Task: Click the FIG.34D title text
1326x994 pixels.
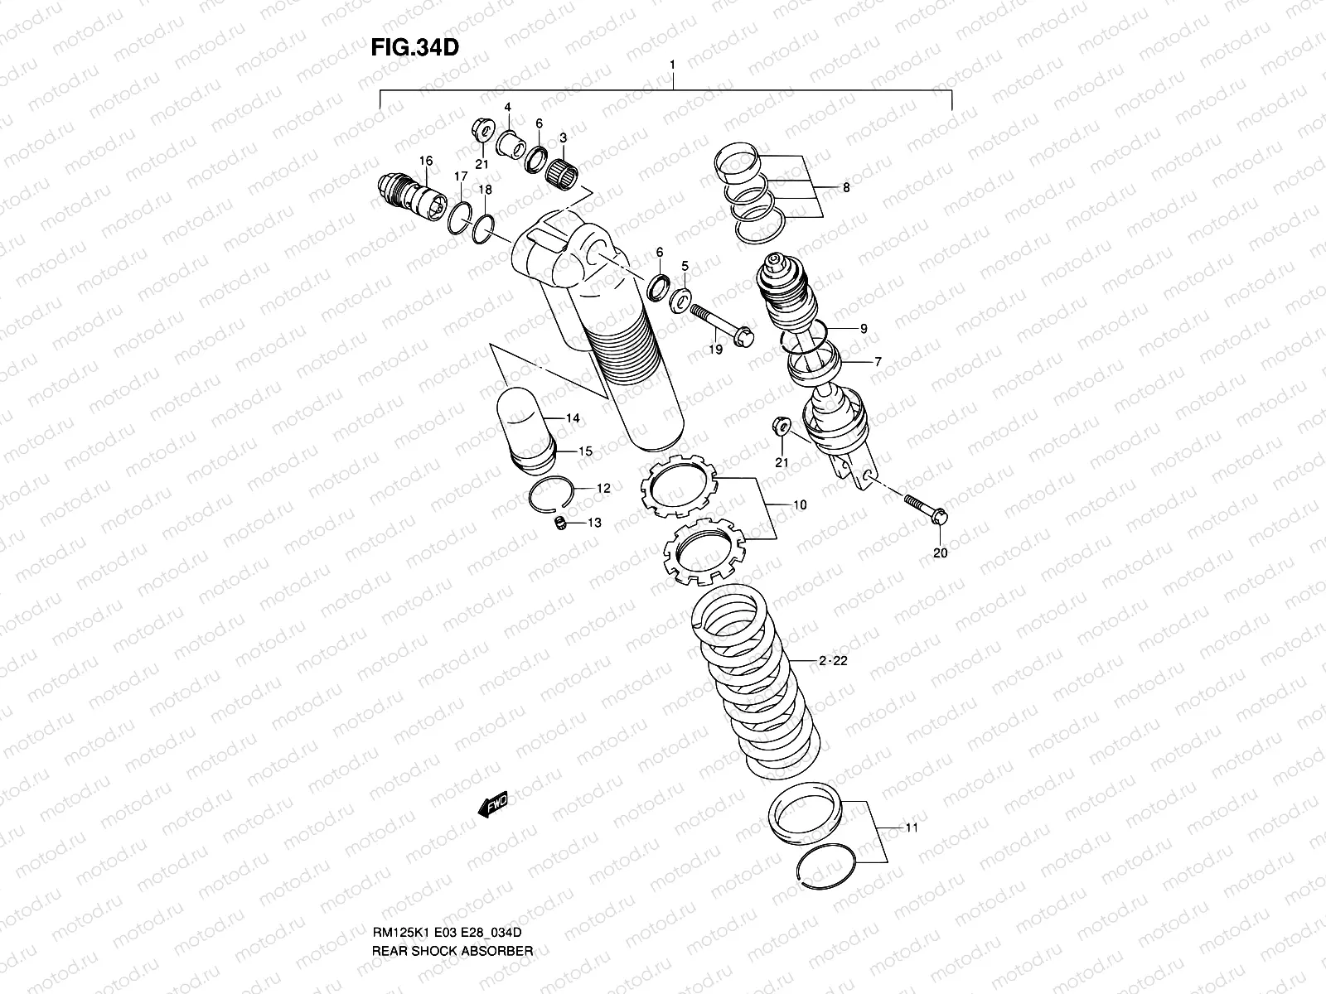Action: pyautogui.click(x=414, y=47)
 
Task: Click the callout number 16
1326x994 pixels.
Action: pyautogui.click(x=426, y=161)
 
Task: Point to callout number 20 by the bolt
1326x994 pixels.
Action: pyautogui.click(x=940, y=552)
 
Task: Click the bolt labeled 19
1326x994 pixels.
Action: pyautogui.click(x=719, y=325)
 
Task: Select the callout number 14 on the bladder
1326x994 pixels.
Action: pyautogui.click(x=573, y=418)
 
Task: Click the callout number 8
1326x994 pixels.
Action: pyautogui.click(x=846, y=188)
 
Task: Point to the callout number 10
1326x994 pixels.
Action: pyautogui.click(x=800, y=504)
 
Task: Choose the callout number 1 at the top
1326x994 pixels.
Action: pyautogui.click(x=672, y=64)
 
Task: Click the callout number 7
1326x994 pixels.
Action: pyautogui.click(x=877, y=362)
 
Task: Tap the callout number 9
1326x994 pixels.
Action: pyautogui.click(x=863, y=329)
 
